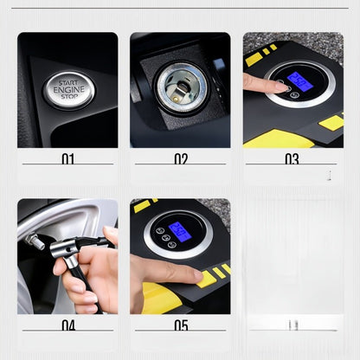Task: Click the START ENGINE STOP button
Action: pos(69,90)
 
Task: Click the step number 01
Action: pos(68,159)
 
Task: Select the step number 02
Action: pos(180,159)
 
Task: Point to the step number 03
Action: pos(292,159)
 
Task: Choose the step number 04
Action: pos(68,325)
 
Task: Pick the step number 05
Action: pos(180,325)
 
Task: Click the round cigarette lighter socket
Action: pos(179,87)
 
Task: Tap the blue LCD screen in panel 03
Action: pos(299,81)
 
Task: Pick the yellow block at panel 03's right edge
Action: pos(331,122)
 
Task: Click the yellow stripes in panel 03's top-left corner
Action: pos(257,55)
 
